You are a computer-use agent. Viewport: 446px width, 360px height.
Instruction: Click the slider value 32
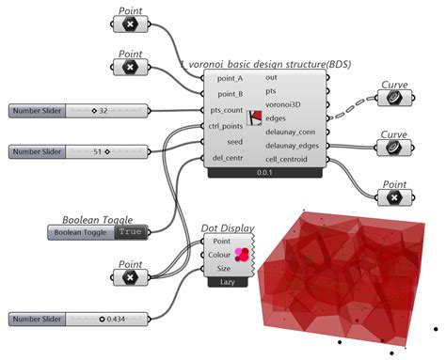[x=102, y=111]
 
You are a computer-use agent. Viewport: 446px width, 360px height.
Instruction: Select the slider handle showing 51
[x=108, y=150]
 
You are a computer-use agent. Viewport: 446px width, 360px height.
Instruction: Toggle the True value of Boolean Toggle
[x=131, y=231]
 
